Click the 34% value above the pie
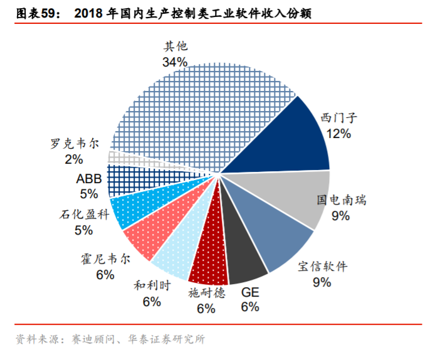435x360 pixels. tap(175, 62)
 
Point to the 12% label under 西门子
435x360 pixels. tap(338, 134)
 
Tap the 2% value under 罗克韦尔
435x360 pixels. tap(74, 159)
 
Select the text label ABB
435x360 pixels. tap(89, 179)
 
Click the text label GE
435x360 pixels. tap(250, 292)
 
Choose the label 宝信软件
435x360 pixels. tap(323, 267)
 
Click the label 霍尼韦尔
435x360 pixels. tap(106, 259)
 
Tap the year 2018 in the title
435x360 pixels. tap(89, 13)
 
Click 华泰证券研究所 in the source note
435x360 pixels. tap(167, 339)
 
